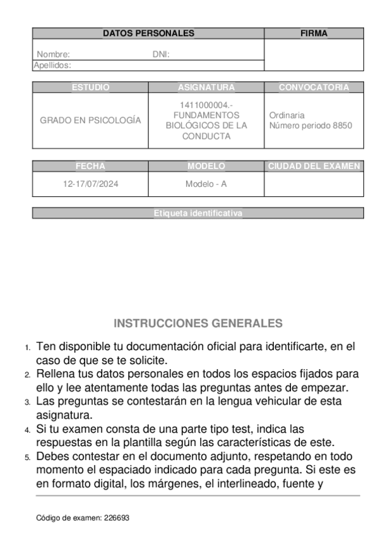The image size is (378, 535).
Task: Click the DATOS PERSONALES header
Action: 148,33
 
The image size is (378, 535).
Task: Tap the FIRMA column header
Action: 314,33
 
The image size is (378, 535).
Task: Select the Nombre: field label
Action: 53,54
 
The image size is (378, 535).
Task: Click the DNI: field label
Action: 161,54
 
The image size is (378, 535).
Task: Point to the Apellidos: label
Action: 52,64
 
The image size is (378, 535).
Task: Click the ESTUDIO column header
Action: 90,87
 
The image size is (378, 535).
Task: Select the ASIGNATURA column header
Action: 206,87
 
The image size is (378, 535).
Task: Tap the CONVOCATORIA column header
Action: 314,87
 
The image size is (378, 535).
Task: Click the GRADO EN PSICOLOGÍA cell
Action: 90,120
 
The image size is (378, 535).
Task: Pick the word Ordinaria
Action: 286,115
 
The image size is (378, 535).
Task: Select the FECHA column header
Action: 90,167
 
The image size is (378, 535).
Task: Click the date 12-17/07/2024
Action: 90,184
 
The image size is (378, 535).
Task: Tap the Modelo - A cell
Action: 206,184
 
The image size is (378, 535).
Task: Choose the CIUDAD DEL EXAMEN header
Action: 314,167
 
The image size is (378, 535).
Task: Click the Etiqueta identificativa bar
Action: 198,214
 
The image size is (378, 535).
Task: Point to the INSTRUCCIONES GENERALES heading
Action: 198,324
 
